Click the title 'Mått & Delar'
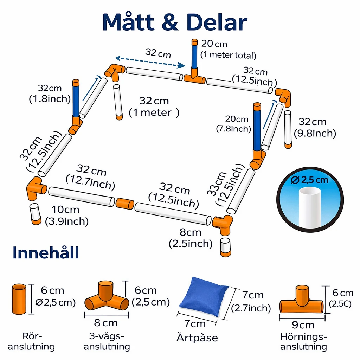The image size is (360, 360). [175, 22]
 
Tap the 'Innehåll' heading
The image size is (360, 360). [46, 252]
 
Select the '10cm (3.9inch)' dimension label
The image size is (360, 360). [66, 216]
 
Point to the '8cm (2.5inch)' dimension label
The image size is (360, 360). [191, 238]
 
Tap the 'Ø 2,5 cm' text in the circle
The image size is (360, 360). [309, 180]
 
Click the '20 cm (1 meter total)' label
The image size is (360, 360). [228, 50]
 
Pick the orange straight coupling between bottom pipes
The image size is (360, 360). [125, 204]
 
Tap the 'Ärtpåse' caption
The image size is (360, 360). [197, 338]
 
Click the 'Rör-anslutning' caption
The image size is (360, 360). [31, 341]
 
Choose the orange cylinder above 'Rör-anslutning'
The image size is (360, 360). [19, 299]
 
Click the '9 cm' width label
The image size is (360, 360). [303, 325]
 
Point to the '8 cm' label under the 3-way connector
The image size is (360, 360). [106, 323]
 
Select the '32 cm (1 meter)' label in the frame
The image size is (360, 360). [154, 107]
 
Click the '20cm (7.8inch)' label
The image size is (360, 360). [234, 124]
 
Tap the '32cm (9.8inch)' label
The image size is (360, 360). [315, 128]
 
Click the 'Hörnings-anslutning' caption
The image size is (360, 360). [303, 342]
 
